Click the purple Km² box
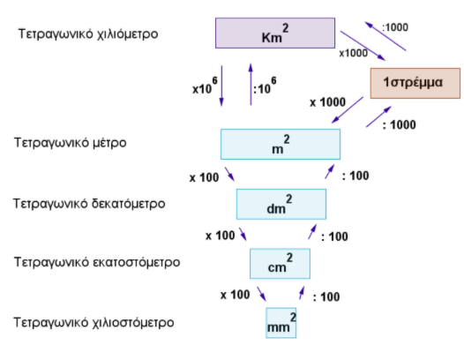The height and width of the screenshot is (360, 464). click(x=275, y=33)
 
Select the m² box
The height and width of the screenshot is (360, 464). click(x=281, y=144)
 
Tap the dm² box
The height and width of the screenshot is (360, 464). click(x=281, y=204)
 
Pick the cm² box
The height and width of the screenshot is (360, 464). click(x=280, y=264)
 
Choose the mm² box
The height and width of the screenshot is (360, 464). click(x=281, y=323)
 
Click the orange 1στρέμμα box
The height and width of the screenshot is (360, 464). click(x=415, y=83)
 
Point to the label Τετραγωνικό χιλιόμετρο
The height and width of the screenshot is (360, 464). click(x=88, y=34)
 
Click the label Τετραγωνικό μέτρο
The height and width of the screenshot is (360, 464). click(x=71, y=143)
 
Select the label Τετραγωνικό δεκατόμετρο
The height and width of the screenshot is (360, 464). click(x=89, y=204)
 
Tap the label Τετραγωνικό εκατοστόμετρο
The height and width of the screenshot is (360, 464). click(x=97, y=262)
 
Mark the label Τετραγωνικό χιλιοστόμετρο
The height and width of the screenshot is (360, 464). click(x=94, y=322)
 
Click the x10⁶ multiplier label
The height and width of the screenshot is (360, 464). click(x=205, y=86)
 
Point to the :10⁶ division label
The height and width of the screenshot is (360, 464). click(x=265, y=86)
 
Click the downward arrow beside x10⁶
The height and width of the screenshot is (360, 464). click(x=221, y=86)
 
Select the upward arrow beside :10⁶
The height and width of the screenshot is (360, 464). click(x=251, y=85)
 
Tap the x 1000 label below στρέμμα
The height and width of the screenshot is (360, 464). click(x=327, y=102)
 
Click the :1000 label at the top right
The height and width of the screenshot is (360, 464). click(x=395, y=27)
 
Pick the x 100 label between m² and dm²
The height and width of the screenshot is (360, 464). click(x=204, y=177)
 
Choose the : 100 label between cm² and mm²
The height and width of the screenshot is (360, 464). click(x=326, y=297)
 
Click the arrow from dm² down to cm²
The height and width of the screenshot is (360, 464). click(x=243, y=234)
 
